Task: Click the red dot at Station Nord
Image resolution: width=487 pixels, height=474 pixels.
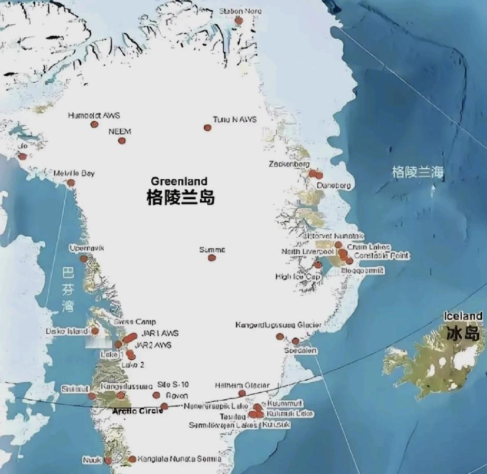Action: tap(239, 21)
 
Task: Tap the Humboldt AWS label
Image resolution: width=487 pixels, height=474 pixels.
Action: tap(94, 115)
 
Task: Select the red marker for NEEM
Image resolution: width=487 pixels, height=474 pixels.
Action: tap(122, 141)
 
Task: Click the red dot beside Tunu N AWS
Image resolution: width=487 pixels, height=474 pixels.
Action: tap(208, 128)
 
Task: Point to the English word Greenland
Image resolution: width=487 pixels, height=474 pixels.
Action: tap(179, 182)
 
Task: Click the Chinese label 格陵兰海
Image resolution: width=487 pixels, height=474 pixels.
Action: tap(417, 172)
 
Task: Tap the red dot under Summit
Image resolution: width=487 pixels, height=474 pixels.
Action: tap(212, 258)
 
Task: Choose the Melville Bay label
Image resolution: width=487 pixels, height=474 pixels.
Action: tap(74, 173)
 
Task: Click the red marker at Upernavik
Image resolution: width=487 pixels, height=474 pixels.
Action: tap(83, 259)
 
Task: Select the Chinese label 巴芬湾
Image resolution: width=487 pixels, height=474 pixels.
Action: tap(67, 289)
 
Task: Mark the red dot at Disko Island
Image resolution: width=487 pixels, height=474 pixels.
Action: tap(95, 331)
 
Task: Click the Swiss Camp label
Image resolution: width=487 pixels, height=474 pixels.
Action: tap(135, 322)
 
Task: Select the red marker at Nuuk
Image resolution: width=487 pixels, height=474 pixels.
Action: tap(108, 460)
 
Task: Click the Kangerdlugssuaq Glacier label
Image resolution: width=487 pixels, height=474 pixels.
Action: tap(278, 325)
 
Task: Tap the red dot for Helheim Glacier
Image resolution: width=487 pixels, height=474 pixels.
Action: tap(242, 393)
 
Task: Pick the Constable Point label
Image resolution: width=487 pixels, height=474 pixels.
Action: tap(382, 256)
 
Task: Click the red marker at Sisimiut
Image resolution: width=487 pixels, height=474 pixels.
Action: tap(92, 396)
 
